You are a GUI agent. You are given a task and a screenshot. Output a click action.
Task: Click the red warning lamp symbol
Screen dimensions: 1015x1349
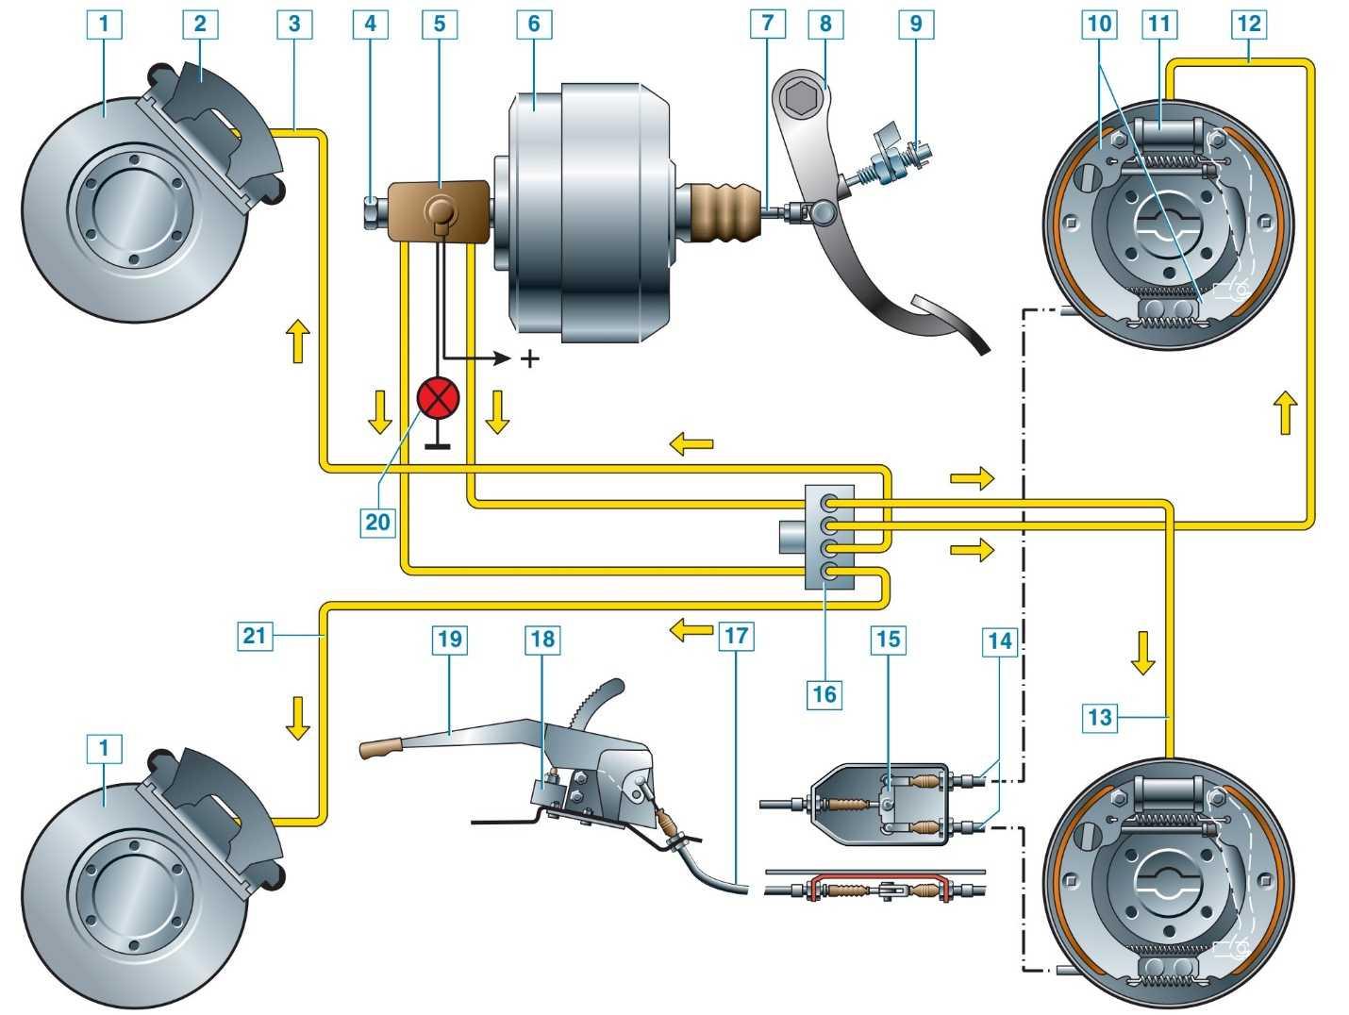click(438, 398)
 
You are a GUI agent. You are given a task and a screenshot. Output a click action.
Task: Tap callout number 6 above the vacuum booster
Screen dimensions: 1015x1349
click(533, 24)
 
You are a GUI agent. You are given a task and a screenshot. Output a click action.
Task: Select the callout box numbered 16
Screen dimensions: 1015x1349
click(824, 694)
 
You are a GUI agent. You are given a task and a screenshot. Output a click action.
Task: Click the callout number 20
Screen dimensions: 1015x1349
click(377, 521)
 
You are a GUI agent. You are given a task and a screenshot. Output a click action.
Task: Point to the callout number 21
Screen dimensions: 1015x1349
click(255, 636)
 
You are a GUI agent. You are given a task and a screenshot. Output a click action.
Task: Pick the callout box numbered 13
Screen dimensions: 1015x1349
click(1100, 718)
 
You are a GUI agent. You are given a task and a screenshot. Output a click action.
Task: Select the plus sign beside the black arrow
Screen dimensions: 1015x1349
click(530, 358)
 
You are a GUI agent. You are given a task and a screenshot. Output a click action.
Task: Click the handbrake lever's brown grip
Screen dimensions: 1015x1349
click(382, 750)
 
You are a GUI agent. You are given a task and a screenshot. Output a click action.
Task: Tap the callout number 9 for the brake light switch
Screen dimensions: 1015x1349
click(915, 24)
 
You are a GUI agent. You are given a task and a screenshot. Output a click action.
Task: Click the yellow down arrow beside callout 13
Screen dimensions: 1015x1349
click(1142, 653)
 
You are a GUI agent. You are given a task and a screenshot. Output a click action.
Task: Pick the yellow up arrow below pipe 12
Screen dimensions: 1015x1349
click(1285, 414)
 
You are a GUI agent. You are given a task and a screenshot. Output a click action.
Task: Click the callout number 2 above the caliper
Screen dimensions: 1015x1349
click(199, 24)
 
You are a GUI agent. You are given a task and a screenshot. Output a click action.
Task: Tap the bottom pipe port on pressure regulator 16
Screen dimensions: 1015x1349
click(829, 571)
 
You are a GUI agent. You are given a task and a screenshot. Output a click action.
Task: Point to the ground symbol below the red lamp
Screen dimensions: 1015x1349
click(438, 443)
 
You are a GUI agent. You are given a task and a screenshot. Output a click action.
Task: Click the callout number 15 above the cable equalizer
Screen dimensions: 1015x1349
click(888, 640)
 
